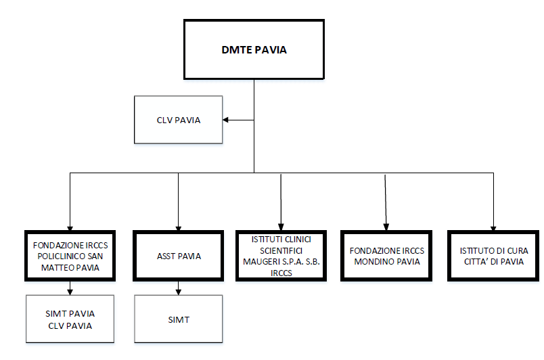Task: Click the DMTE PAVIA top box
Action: tap(254, 49)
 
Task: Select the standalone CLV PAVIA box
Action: tap(179, 120)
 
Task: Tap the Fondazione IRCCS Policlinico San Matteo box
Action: tap(70, 256)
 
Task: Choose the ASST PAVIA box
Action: tap(179, 256)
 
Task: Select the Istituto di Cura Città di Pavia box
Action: tap(491, 256)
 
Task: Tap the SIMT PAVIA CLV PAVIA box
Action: tap(71, 319)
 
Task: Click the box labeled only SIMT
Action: tap(179, 319)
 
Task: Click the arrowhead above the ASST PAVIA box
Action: tap(178, 228)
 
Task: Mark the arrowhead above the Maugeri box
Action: tap(281, 228)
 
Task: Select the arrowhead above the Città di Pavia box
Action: tap(493, 228)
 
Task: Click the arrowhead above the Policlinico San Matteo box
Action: tap(70, 228)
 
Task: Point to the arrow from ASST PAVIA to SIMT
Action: tap(178, 288)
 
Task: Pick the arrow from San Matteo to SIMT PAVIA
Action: tap(70, 288)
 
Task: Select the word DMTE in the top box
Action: tap(235, 50)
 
